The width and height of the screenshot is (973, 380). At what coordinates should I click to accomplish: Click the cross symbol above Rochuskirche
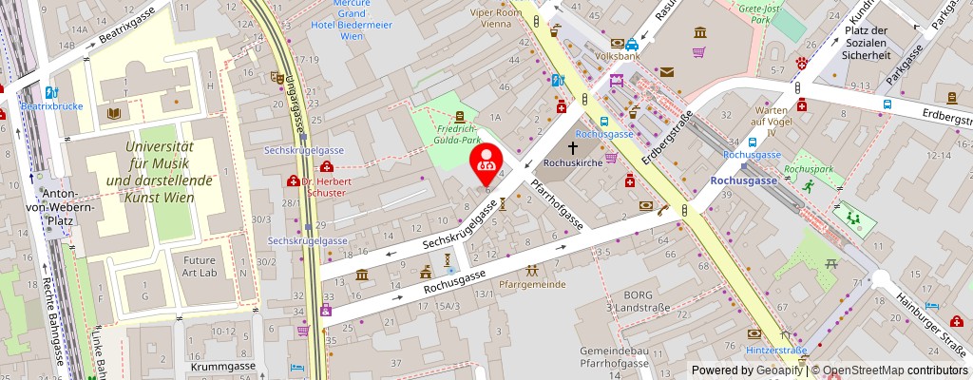point(574,149)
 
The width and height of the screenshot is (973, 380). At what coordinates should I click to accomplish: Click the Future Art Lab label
point(200,266)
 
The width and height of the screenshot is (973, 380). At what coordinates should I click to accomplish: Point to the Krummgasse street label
point(221,365)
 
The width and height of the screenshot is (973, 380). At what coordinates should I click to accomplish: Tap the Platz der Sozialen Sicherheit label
point(867,43)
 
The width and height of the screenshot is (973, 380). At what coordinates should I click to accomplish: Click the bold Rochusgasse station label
point(743,179)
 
